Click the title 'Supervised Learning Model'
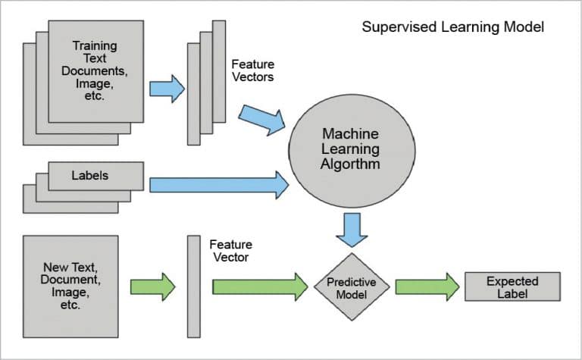point(452,27)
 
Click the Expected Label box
point(512,287)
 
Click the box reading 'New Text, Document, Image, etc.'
point(70,286)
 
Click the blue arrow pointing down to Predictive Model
point(352,229)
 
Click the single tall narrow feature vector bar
point(193,286)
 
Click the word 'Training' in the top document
point(94,46)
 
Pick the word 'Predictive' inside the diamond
point(352,281)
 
